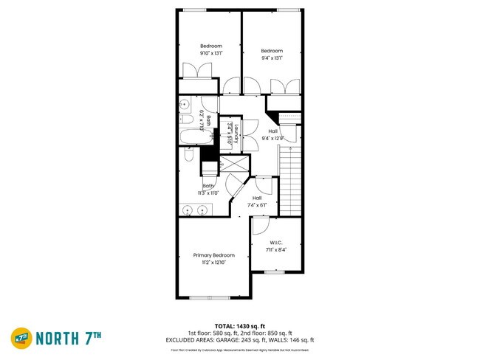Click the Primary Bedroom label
[x=213, y=255]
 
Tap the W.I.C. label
[x=275, y=242]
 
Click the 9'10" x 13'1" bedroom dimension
[x=210, y=53]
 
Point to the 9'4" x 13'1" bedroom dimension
[x=272, y=58]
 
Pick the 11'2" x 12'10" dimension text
[x=213, y=263]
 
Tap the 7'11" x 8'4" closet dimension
[x=276, y=249]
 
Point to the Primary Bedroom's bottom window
[x=211, y=297]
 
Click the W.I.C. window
[x=274, y=272]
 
